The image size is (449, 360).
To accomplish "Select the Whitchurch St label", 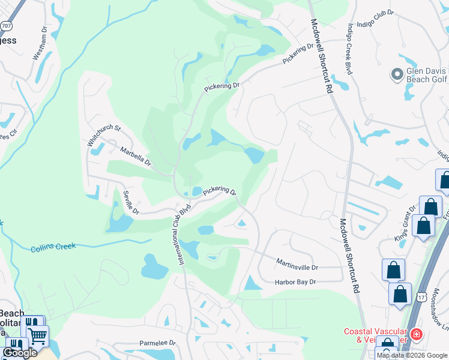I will tap(104, 136).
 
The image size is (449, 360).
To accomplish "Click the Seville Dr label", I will tap(131, 203).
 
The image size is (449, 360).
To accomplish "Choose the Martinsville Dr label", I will tap(297, 264).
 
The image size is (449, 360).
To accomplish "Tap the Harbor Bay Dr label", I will tap(295, 282).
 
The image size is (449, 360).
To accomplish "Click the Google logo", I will tap(20, 352).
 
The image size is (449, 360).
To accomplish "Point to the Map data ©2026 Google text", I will tap(412, 355).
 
